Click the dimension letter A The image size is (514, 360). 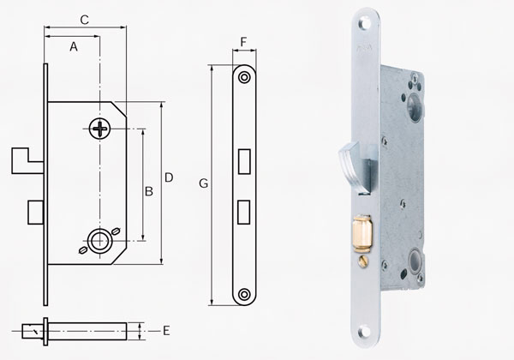pyautogui.click(x=74, y=48)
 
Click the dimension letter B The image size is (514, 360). pyautogui.click(x=148, y=191)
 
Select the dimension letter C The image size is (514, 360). pyautogui.click(x=84, y=19)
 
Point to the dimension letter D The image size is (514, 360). pyautogui.click(x=169, y=177)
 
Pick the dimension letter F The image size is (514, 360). pyautogui.click(x=244, y=42)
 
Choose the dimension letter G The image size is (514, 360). pyautogui.click(x=203, y=183)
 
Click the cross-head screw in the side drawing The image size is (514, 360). pyautogui.click(x=100, y=129)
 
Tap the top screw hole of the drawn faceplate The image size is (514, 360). pyautogui.click(x=245, y=77)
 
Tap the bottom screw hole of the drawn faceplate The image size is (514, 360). pyautogui.click(x=245, y=294)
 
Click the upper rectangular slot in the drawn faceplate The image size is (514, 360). pyautogui.click(x=244, y=159)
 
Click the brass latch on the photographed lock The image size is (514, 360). pyautogui.click(x=361, y=231)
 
